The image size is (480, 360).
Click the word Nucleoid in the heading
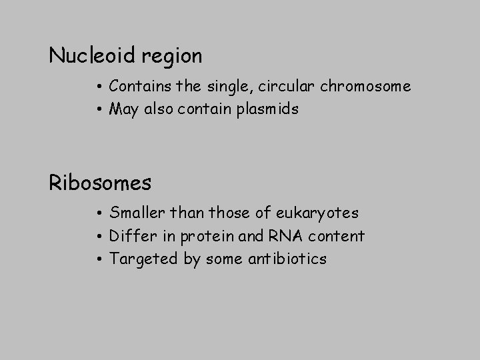(x=92, y=56)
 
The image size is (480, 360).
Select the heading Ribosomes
(x=100, y=182)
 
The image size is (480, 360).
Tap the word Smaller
(x=137, y=213)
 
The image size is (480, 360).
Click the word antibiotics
(x=293, y=259)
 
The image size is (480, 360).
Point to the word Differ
(x=131, y=236)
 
